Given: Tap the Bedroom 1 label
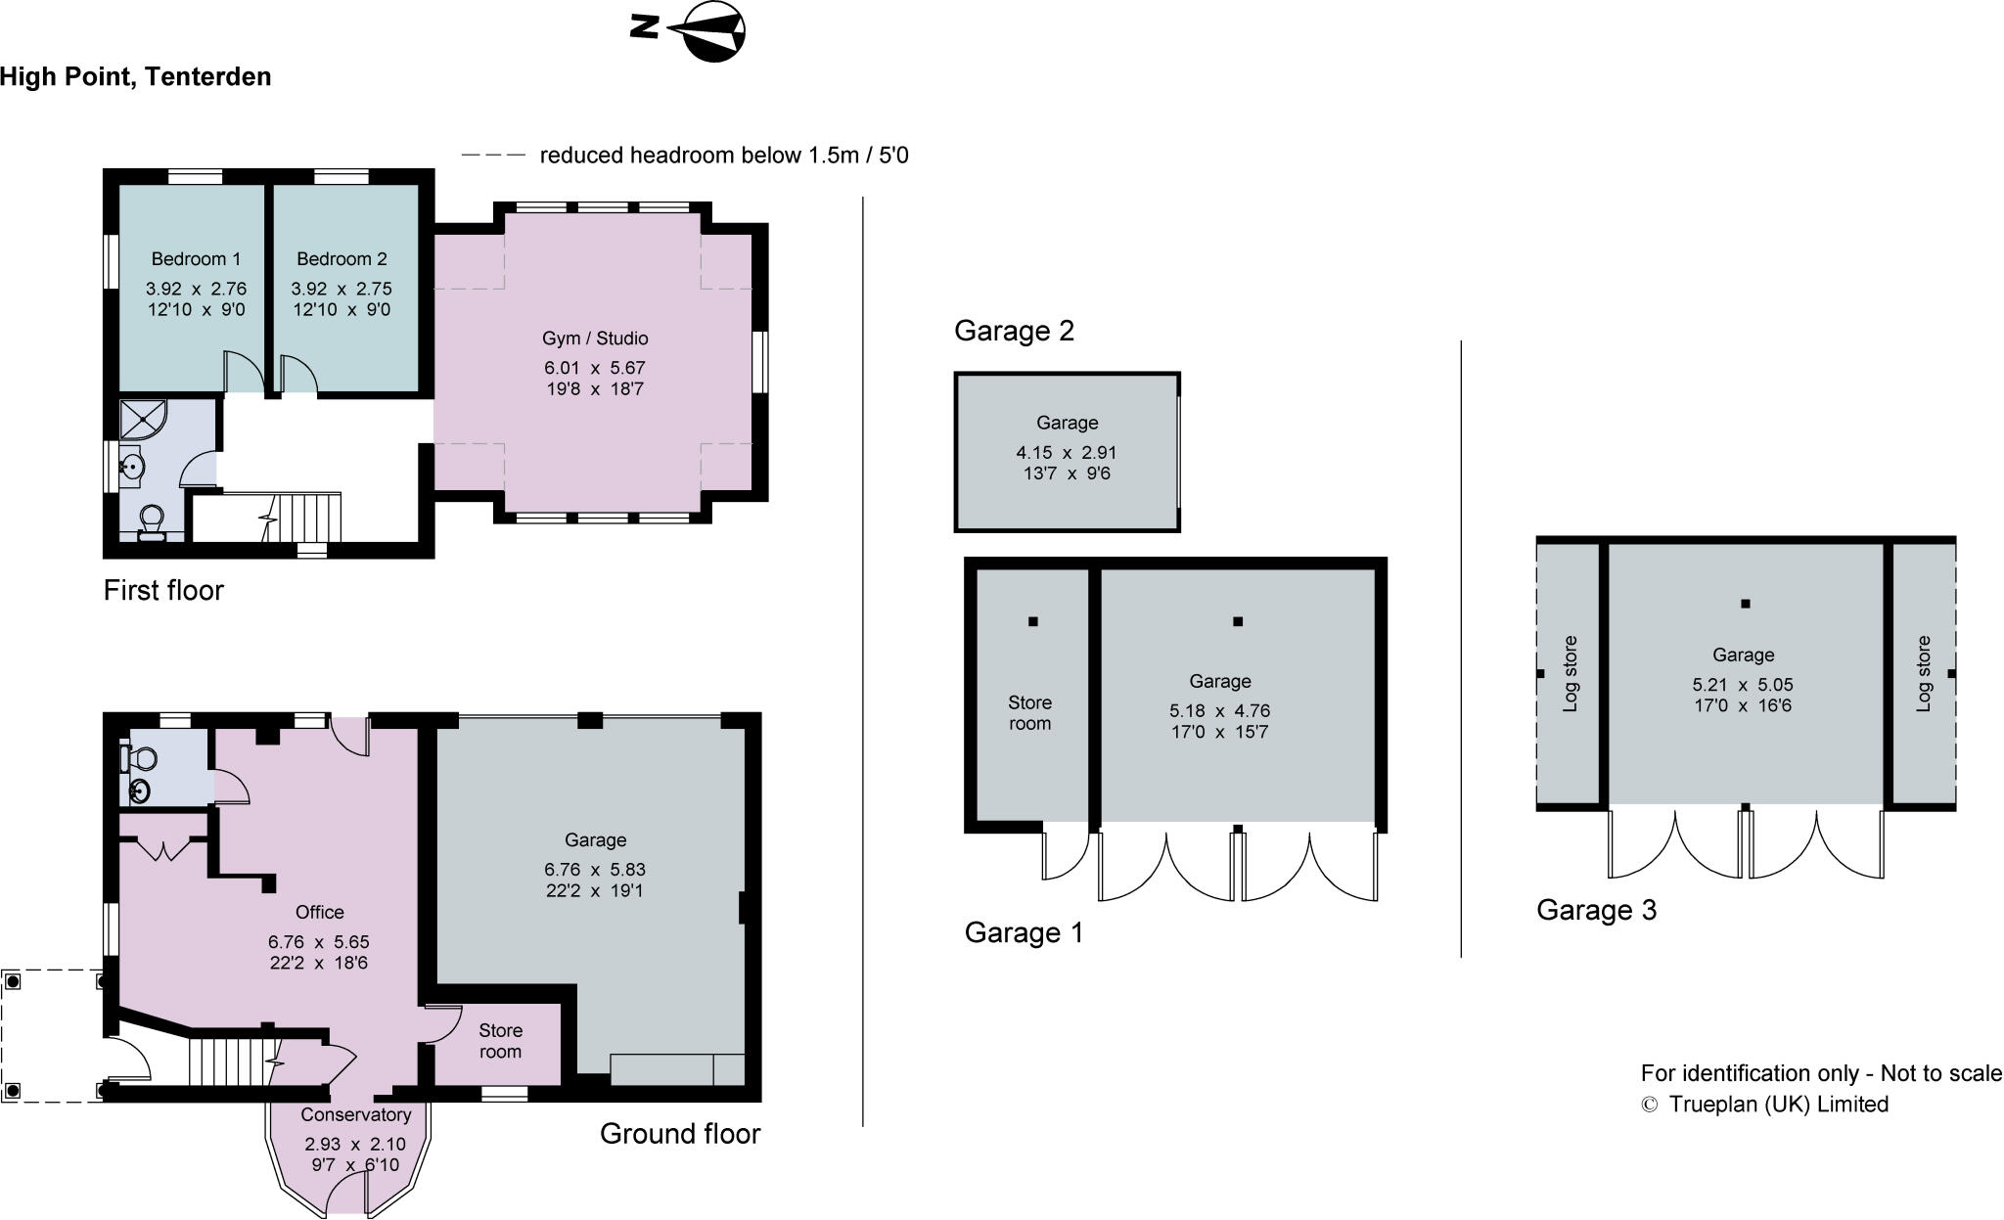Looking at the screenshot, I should pos(196,259).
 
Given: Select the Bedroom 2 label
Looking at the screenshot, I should pos(342,259).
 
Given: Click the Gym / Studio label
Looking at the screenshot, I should pos(595,339).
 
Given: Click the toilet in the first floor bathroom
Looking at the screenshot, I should pos(151,521).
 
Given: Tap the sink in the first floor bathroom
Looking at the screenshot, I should pos(131,468).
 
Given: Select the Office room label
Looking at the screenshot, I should pos(319,912).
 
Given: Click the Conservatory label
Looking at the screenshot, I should pos(355,1114).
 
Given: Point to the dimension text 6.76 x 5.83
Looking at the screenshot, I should pos(595,869).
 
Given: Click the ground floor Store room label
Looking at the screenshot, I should pos(500,1041).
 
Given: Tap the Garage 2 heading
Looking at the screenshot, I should pos(1014,331).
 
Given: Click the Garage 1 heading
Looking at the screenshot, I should pos(1024,932).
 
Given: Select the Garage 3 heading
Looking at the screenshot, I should pos(1596,910).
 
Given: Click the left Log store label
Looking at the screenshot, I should pos(1570,674).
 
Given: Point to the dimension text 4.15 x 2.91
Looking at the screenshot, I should pos(1067,452).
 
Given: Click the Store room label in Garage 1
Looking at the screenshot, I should pos(1029,713).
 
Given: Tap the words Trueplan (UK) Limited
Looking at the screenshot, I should pos(1778,1104).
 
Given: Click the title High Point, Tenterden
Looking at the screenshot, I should pos(136,76).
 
